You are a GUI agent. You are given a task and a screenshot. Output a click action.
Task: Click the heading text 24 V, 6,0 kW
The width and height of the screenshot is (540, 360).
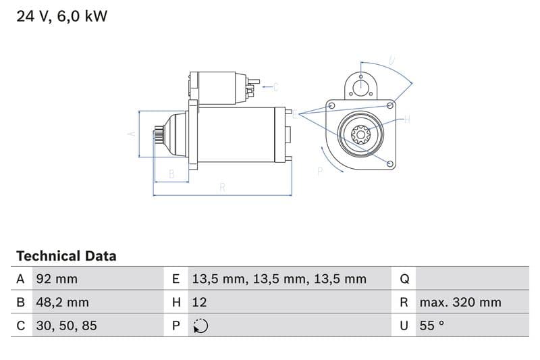tap(61, 16)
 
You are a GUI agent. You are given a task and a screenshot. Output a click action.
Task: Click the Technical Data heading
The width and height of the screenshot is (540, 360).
tap(66, 256)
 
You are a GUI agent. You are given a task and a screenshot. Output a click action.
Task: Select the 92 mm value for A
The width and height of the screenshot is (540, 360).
tap(57, 279)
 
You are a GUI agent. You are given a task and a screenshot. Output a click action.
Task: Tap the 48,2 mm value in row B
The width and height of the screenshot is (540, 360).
tap(62, 302)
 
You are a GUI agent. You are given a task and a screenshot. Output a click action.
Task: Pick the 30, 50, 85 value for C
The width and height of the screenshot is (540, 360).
tap(66, 326)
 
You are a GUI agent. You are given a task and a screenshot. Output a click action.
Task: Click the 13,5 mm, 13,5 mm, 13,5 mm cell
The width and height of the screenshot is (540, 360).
tap(279, 279)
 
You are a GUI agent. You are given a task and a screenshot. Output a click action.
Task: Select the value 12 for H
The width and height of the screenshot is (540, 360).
tap(199, 302)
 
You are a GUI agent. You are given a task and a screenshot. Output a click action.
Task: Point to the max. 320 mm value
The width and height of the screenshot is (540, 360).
tap(460, 302)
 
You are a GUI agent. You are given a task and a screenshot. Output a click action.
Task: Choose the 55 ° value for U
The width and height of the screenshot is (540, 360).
tap(432, 326)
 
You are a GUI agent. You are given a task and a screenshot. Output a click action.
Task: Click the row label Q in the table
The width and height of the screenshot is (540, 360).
tap(404, 279)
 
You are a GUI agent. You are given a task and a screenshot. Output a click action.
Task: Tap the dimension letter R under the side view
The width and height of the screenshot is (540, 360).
tap(222, 187)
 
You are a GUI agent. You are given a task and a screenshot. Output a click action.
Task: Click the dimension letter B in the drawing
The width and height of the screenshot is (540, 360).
tap(171, 174)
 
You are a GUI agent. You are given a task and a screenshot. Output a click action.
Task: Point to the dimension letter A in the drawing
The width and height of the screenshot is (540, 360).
tap(131, 134)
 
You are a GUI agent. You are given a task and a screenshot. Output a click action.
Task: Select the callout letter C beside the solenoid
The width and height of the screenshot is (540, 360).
tap(275, 86)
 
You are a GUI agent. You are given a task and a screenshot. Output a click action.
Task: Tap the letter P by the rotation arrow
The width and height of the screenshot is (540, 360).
tap(320, 172)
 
